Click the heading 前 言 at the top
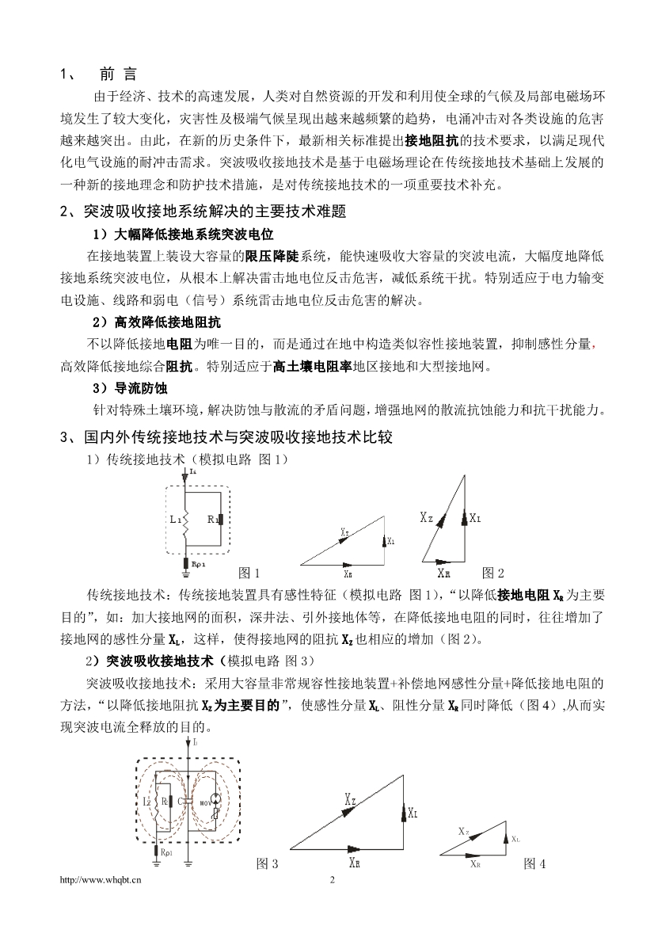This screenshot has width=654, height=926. coord(118,74)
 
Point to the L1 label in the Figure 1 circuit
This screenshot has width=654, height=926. coord(176,519)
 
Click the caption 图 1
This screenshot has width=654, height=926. coord(249,573)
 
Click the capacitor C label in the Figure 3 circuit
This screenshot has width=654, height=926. coord(181,802)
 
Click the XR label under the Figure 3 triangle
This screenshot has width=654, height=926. coord(355,860)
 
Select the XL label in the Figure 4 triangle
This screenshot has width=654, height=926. coord(515,838)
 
